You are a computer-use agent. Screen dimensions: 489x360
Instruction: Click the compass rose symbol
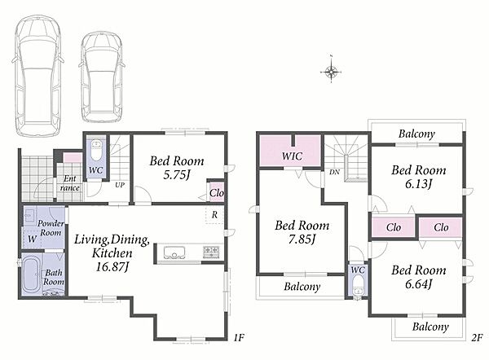331,72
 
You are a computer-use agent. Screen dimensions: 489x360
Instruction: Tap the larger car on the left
37,76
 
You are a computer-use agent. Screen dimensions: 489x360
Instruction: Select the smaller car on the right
102,77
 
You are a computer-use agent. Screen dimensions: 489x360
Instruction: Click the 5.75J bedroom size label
177,175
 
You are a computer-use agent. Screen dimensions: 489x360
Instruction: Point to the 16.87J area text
112,267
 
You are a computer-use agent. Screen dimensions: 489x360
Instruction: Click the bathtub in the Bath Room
31,275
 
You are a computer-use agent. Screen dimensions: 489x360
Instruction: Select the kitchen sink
174,252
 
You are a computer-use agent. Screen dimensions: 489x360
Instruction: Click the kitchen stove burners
211,251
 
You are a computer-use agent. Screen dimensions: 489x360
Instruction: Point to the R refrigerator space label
214,215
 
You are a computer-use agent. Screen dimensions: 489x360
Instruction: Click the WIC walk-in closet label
292,156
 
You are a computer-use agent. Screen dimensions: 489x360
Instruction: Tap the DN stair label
334,172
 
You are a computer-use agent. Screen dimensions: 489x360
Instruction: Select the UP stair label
120,185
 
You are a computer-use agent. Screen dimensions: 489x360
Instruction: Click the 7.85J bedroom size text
302,239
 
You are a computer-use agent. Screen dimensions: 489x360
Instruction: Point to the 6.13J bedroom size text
418,184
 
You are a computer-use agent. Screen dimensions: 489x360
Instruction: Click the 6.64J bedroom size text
418,283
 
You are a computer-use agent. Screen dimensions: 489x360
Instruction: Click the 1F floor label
239,337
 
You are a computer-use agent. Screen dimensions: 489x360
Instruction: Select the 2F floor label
477,337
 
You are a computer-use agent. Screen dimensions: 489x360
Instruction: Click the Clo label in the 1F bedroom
217,193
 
